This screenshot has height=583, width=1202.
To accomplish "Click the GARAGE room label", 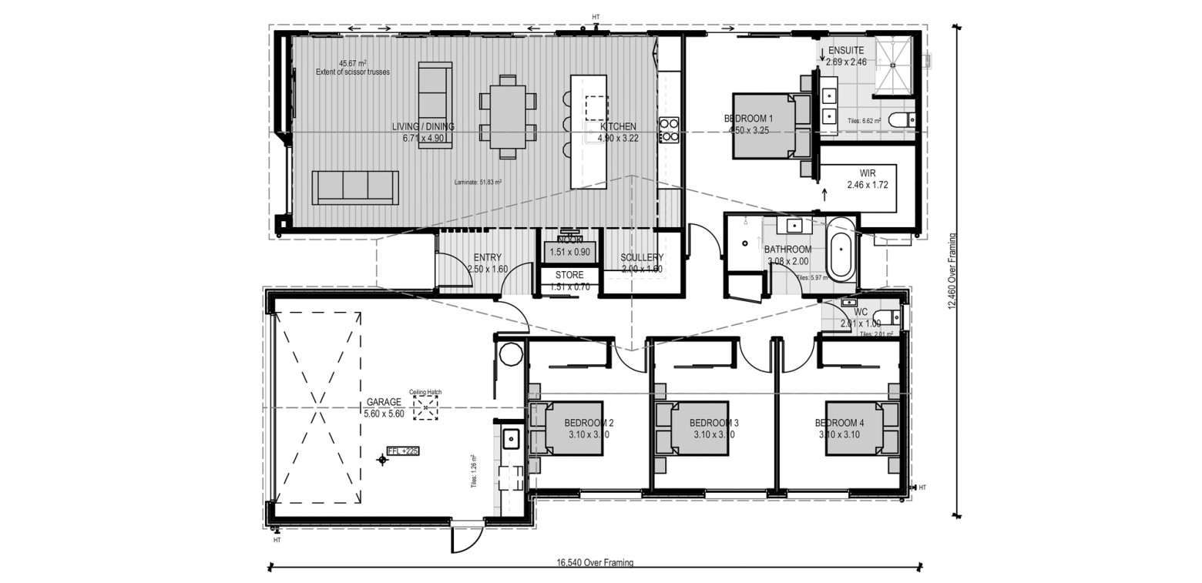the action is coord(384,402).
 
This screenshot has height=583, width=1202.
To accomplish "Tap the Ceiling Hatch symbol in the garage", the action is coord(425,408).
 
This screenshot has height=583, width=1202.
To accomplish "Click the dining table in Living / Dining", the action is coord(508,116).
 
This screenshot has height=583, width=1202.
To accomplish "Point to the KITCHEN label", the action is coord(618,127).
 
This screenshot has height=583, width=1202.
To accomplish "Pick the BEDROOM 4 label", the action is coord(839,423).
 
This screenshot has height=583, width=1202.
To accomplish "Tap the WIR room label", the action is coord(867,173).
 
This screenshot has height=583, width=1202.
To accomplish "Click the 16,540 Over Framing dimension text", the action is coord(595,563).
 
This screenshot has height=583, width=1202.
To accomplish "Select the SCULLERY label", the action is coord(642,257).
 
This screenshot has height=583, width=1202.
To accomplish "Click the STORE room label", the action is coord(569,275).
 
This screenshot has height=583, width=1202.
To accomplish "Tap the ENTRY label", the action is coord(488,257).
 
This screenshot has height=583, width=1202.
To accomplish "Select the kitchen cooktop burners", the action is coord(668,129).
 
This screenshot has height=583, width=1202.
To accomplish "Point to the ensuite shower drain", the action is coord(893,65).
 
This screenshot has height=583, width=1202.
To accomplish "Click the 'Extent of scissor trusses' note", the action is coord(352,72).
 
